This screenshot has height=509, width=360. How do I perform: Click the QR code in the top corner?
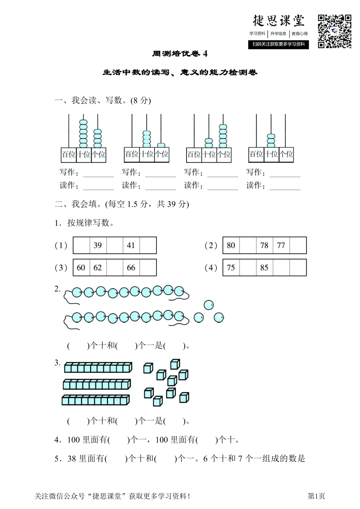point(334,31)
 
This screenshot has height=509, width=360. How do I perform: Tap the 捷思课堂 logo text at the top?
point(279,21)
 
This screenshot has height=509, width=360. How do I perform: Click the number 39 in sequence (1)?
point(98,245)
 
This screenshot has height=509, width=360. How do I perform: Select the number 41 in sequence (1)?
point(131,245)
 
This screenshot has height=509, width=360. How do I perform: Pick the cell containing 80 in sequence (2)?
point(231,245)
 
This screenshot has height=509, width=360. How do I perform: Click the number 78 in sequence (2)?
point(264,245)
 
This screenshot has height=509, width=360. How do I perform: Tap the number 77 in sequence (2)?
point(281,245)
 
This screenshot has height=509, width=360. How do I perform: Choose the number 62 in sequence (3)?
point(98,268)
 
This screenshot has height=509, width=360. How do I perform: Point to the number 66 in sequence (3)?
point(131,268)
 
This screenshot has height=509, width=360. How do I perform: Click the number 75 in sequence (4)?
point(231,268)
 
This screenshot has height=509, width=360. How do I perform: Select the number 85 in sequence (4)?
point(264,268)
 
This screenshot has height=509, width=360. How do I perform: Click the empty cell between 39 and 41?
point(114,245)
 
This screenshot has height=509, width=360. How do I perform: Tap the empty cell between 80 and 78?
point(247,245)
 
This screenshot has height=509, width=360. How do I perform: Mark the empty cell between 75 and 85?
point(247,268)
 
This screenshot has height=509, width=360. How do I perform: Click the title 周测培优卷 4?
point(180,54)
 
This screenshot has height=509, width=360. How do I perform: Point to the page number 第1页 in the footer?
point(316,496)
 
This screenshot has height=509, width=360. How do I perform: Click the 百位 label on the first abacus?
point(69,155)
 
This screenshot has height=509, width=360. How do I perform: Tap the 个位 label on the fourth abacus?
point(286,154)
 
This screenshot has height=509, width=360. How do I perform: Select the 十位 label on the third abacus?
point(209,155)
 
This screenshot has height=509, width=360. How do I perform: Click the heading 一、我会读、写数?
point(102,100)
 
